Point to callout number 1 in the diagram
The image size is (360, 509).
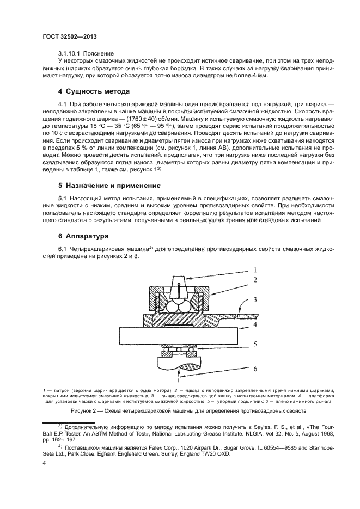pos(254,269)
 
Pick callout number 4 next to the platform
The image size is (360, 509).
pos(254,326)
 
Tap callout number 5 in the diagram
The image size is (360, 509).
pos(254,344)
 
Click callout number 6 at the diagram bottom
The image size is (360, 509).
pos(254,369)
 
